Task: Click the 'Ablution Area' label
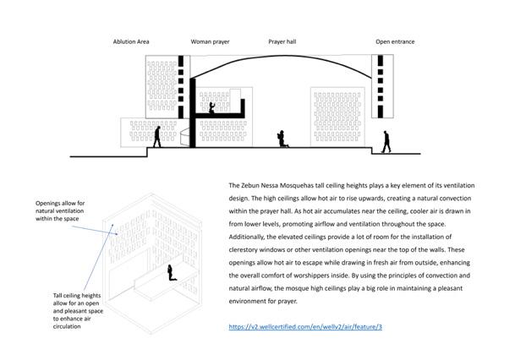click(133, 41)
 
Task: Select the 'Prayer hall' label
click(282, 41)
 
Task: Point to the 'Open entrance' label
click(395, 41)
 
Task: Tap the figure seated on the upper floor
click(211, 108)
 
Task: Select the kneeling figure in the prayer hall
click(284, 139)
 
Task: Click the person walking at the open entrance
click(386, 142)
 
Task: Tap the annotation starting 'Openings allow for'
click(62, 211)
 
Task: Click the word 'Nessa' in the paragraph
click(279, 184)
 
